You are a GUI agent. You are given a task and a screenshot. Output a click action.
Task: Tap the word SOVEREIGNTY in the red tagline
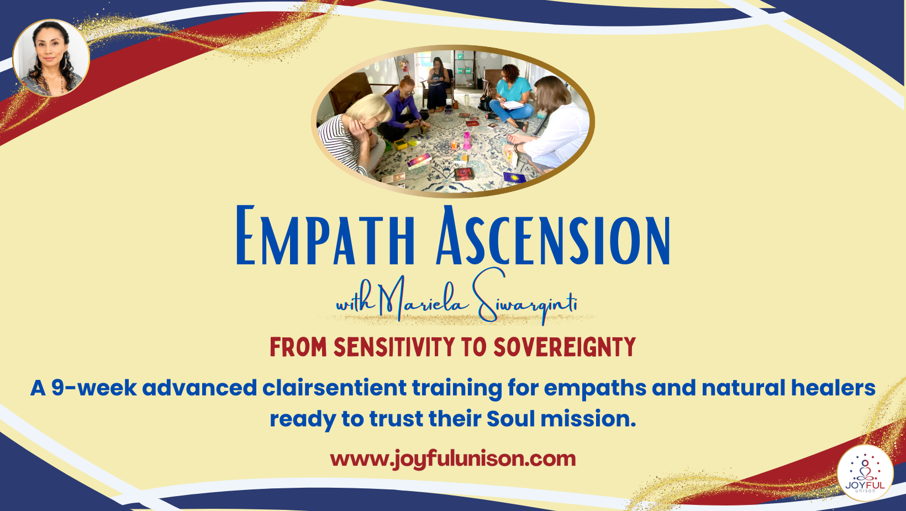tap(564, 347)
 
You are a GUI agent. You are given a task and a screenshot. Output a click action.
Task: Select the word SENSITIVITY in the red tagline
tap(394, 347)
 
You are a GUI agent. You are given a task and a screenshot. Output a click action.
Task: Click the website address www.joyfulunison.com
tap(452, 458)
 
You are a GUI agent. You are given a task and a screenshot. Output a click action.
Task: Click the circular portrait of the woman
tap(51, 58)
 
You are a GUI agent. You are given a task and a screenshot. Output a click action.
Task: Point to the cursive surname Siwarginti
tap(525, 301)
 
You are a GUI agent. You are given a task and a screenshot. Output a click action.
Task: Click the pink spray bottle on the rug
tap(467, 140)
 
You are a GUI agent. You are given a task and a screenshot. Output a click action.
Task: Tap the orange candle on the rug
tap(455, 145)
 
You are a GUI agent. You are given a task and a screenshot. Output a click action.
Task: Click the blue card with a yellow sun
tap(514, 178)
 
